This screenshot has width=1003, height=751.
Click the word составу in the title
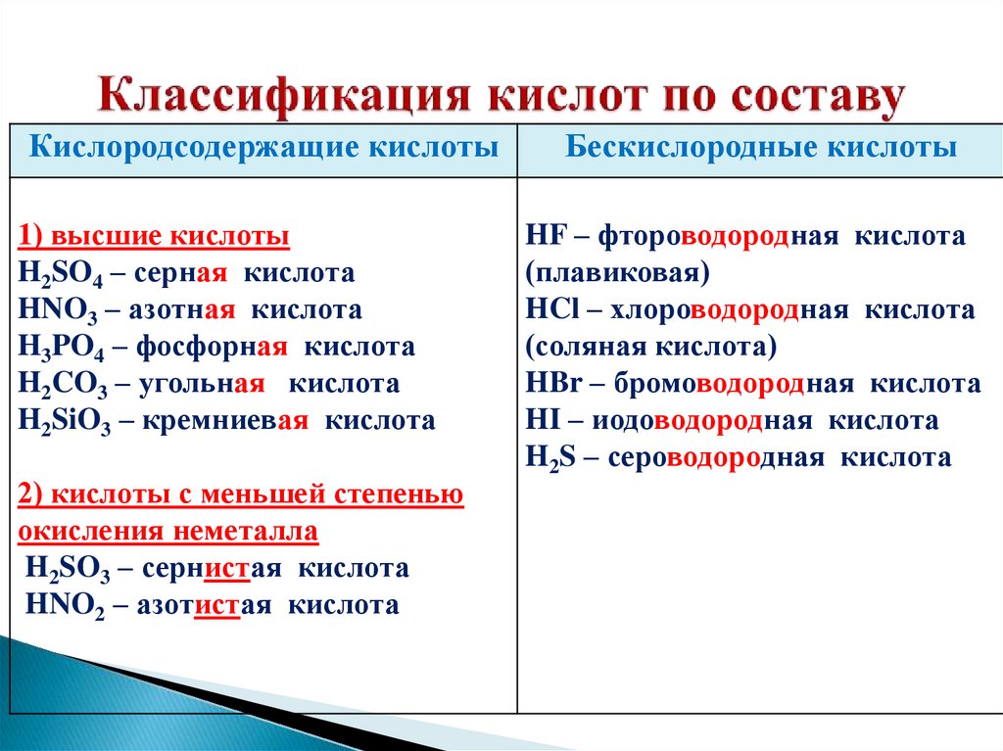coord(804,99)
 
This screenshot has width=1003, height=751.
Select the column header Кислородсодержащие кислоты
coord(262,148)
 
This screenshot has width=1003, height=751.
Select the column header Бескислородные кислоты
coord(761,148)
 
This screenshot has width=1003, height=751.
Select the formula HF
coord(544,237)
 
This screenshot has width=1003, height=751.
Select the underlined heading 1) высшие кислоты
coord(154,237)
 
